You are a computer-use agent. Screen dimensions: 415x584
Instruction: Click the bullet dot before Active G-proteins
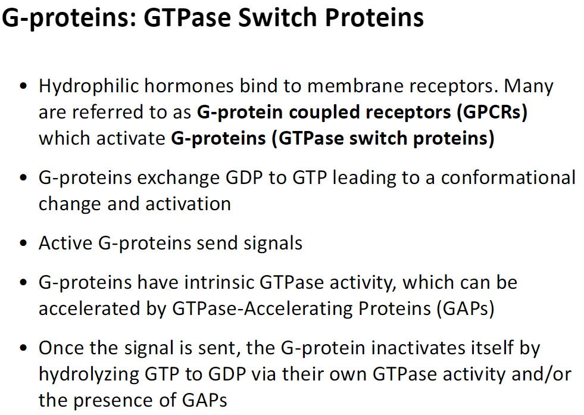pyautogui.click(x=23, y=244)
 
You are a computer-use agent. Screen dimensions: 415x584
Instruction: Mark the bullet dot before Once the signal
pyautogui.click(x=23, y=348)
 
